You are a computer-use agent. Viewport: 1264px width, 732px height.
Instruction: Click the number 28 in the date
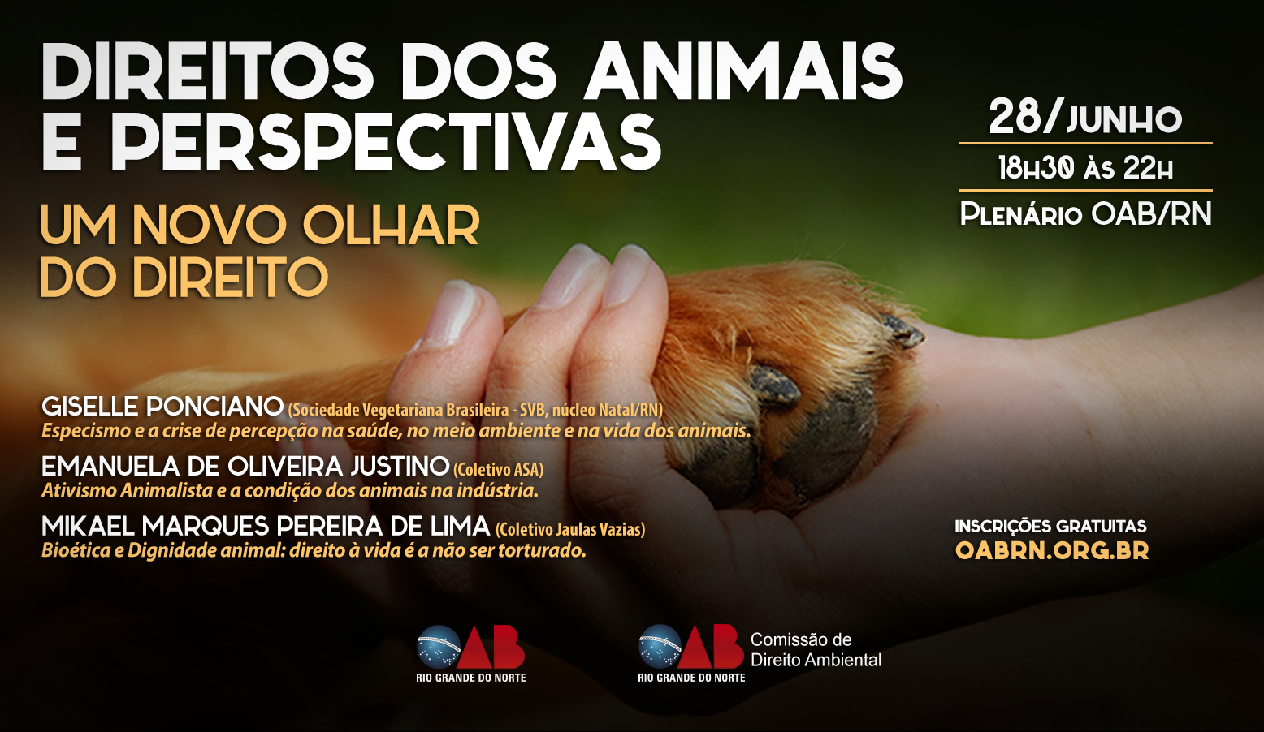(1015, 117)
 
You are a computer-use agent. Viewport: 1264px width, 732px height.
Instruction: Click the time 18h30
(1036, 167)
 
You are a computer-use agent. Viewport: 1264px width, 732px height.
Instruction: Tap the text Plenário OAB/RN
(1085, 213)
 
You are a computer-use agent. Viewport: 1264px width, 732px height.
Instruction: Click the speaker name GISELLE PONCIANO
(162, 407)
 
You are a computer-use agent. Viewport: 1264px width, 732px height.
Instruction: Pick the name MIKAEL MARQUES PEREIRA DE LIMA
(266, 527)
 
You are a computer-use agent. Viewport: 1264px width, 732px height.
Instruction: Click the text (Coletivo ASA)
(498, 469)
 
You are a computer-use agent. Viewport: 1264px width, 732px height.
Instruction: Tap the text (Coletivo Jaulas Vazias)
(570, 530)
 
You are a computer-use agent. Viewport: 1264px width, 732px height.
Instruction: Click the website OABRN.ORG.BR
(1052, 550)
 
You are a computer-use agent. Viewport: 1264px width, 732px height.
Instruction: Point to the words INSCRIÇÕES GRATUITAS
(1050, 527)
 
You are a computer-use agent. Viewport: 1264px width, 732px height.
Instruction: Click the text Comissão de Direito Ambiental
(816, 650)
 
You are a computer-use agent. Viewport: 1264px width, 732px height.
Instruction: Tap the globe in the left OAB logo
(439, 647)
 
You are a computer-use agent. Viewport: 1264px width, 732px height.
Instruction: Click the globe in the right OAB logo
(661, 646)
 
